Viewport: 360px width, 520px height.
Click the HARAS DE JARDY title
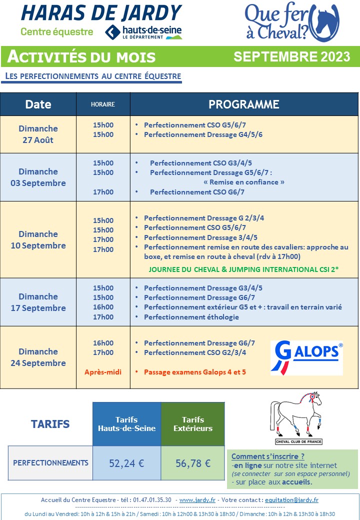(x=101, y=13)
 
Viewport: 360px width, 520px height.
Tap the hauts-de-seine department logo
(x=143, y=32)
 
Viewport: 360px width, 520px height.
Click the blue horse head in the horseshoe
(x=326, y=21)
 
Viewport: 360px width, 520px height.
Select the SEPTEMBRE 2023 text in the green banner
(x=291, y=56)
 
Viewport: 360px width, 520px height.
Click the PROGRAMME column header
(x=243, y=104)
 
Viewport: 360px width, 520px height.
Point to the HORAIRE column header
(x=103, y=104)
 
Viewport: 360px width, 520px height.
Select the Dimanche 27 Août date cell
(x=38, y=134)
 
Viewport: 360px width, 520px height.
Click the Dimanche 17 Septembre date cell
(x=38, y=302)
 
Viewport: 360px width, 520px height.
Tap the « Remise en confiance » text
(x=243, y=182)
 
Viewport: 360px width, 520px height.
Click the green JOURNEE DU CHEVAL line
(x=243, y=269)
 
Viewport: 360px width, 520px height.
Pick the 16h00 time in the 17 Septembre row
(x=103, y=307)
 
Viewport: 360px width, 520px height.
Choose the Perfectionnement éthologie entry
(x=191, y=317)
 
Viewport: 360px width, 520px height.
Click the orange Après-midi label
(x=103, y=372)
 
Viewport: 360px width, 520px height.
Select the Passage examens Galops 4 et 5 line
(x=195, y=372)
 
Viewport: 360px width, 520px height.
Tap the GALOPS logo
(x=306, y=358)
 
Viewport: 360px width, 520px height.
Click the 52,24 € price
(x=126, y=463)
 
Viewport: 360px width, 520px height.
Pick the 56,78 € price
(x=193, y=463)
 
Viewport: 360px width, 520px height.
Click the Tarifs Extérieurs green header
(x=193, y=424)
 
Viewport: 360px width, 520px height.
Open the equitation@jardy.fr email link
(x=291, y=500)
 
